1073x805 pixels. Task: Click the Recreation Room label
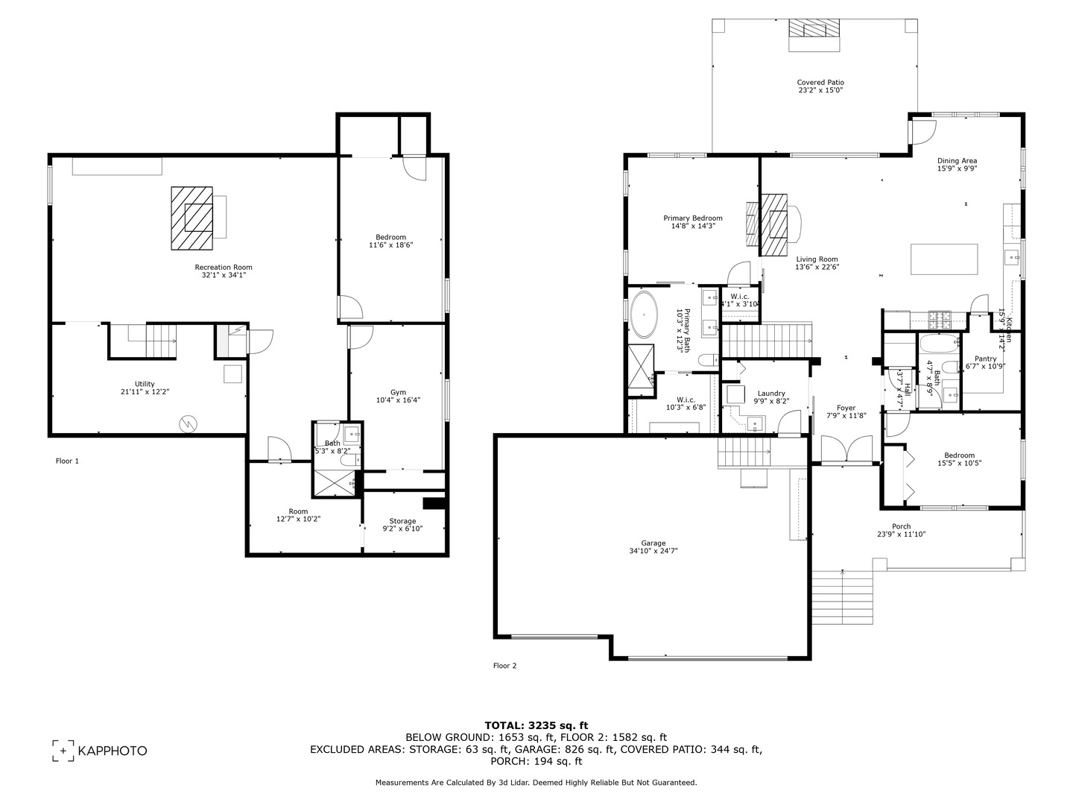[224, 267]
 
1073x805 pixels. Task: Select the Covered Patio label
[820, 83]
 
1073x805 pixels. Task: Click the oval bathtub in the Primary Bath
[643, 315]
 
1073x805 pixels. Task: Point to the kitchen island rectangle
[943, 259]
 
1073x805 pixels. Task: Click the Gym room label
[398, 392]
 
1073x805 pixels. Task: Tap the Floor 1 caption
[67, 461]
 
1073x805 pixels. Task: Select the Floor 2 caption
[504, 666]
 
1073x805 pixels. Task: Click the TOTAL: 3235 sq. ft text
[536, 724]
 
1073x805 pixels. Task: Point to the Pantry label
[985, 359]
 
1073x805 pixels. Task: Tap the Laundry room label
[771, 393]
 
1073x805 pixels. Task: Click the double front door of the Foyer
[846, 451]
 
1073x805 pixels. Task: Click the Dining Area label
[957, 160]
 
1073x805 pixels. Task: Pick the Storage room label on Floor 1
[402, 521]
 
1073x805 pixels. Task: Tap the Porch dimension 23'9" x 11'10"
[901, 534]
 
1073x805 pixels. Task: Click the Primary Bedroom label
[693, 218]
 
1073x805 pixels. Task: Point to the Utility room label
[145, 384]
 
